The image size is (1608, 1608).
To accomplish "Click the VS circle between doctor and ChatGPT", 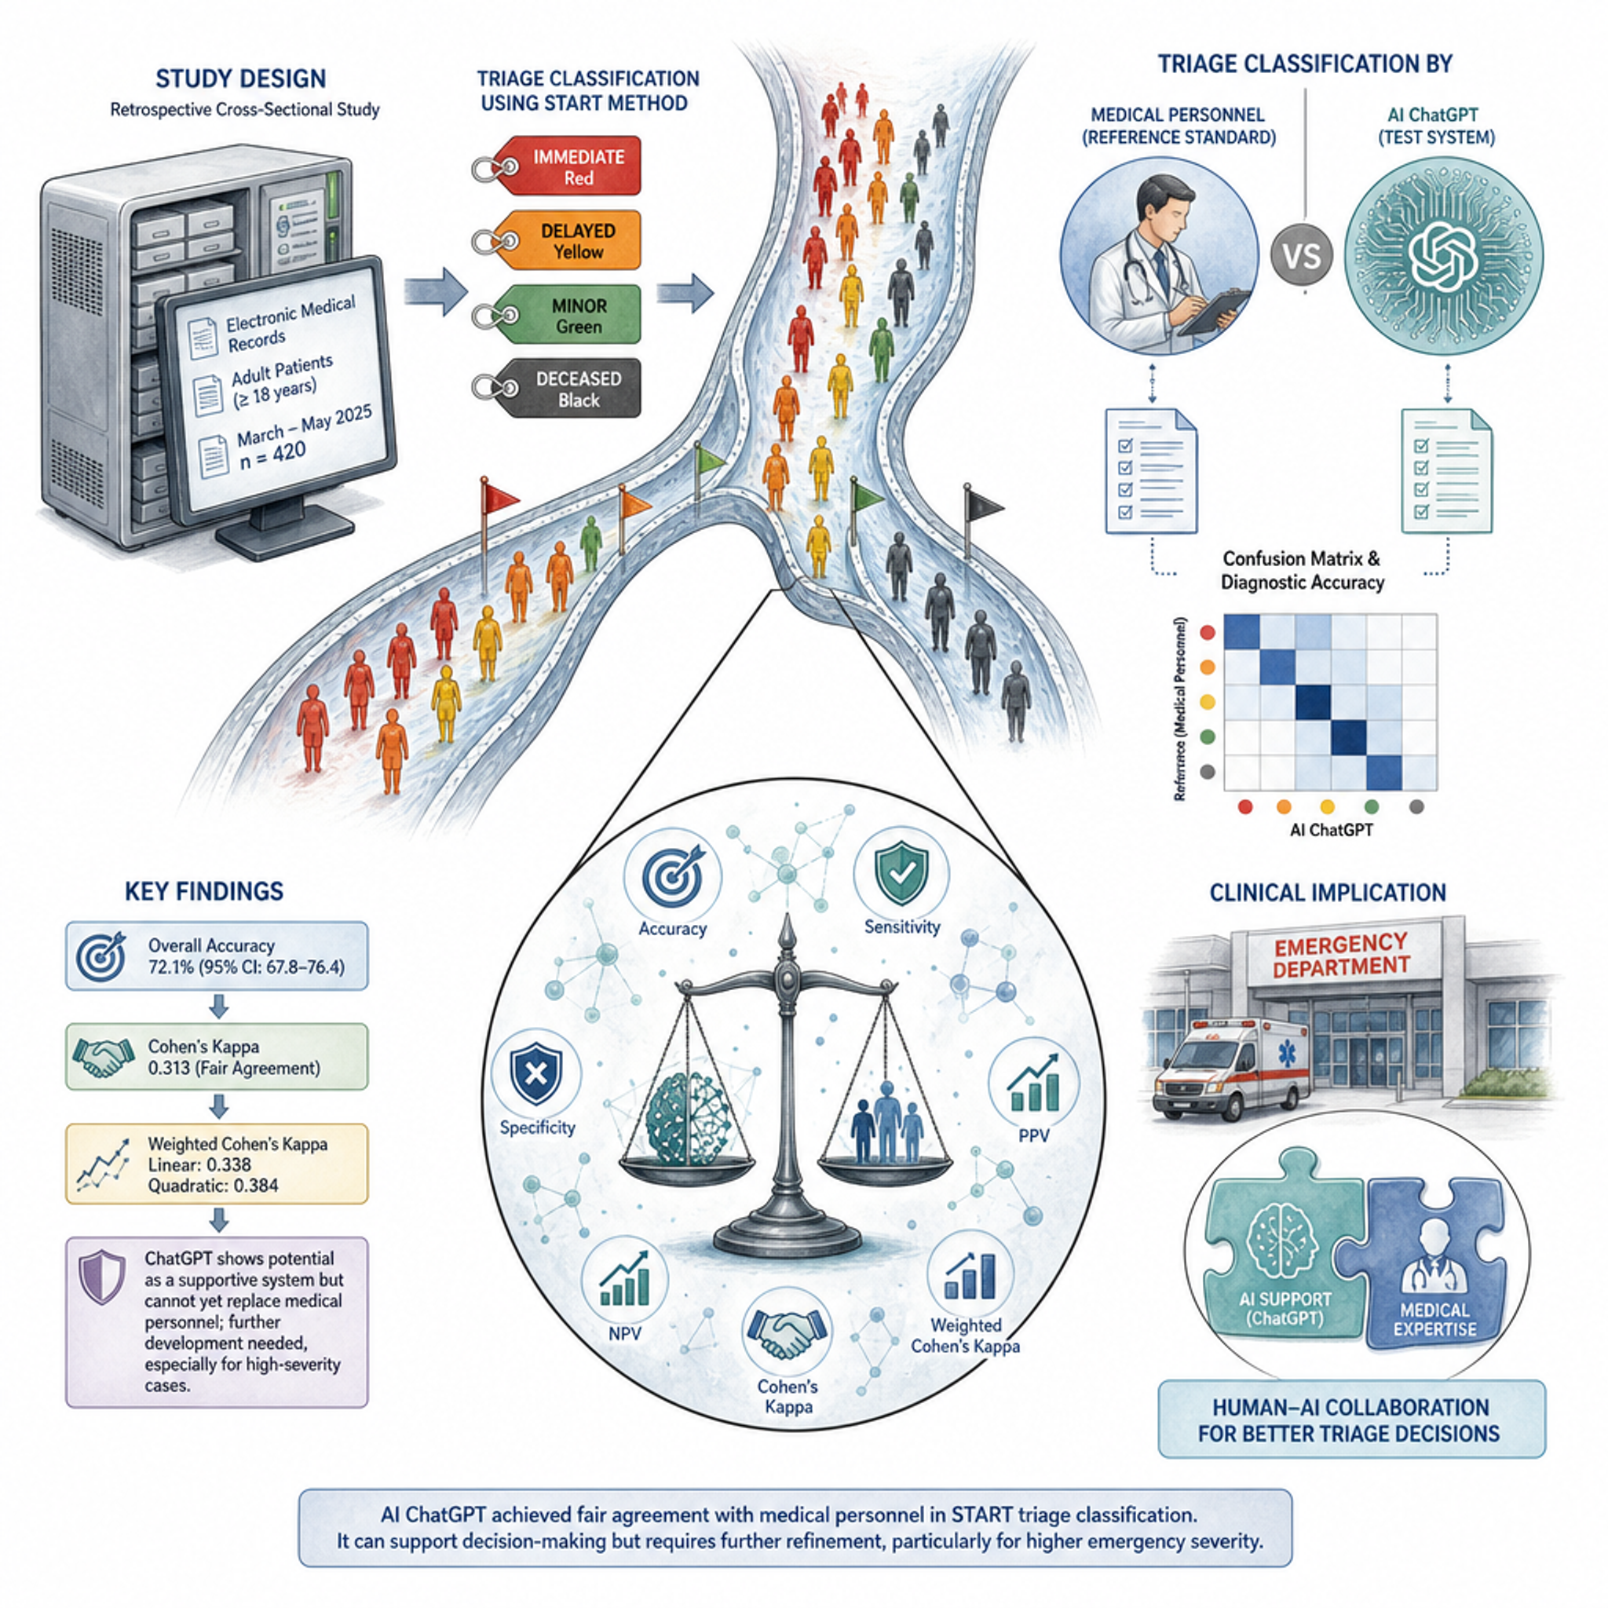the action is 1302,254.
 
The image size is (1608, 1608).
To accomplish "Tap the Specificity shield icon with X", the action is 536,1073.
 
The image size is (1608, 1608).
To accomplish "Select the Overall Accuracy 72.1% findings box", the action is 217,956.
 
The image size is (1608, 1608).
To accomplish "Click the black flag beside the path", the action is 983,504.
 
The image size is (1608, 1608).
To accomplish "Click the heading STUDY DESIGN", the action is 240,79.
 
